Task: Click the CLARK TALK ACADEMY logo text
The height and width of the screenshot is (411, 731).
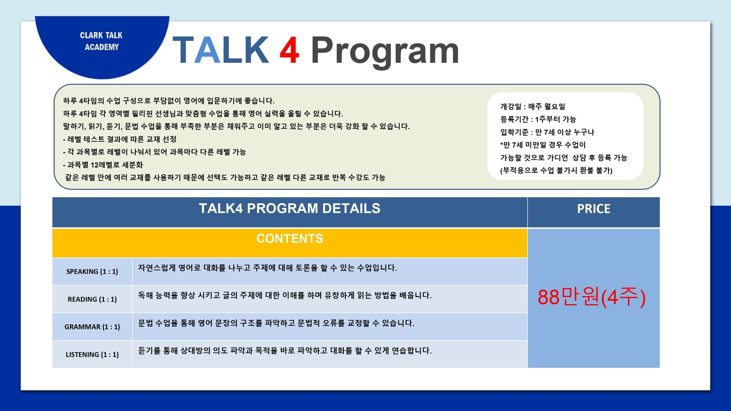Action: (101, 41)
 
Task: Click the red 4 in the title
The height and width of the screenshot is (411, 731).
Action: (289, 50)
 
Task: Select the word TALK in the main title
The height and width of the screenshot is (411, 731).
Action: (221, 50)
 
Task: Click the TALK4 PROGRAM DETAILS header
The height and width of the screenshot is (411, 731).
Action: (289, 208)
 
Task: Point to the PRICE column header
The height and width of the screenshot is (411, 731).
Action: (594, 209)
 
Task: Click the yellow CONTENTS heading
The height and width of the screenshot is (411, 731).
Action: (290, 239)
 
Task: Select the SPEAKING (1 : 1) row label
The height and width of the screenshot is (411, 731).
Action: (92, 271)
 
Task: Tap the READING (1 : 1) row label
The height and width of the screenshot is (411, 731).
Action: (92, 299)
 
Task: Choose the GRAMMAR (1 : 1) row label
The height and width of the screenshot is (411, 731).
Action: (92, 327)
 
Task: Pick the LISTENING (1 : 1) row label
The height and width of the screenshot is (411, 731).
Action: (92, 354)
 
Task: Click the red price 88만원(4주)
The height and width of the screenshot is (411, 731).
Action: (591, 297)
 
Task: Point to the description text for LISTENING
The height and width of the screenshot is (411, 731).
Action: (285, 351)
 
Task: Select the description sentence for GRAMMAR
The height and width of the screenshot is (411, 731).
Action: (276, 323)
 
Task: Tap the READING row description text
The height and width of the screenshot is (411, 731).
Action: (285, 295)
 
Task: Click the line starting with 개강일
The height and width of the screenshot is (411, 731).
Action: (533, 107)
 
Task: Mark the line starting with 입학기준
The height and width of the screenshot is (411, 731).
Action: (547, 132)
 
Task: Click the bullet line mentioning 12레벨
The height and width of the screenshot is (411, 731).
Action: (103, 165)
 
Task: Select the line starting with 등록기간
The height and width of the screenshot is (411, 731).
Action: (538, 119)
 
